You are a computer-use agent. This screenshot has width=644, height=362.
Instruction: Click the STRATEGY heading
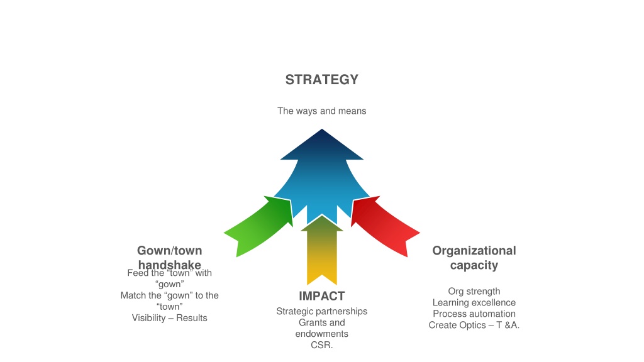(321, 79)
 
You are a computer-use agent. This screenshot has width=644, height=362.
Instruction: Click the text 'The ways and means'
(321, 111)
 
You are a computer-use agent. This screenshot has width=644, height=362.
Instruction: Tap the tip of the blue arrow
(321, 129)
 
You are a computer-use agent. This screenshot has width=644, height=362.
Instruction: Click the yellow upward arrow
(321, 250)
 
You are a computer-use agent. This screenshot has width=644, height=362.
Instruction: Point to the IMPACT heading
(321, 296)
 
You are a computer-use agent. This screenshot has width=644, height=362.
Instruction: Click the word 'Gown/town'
(169, 250)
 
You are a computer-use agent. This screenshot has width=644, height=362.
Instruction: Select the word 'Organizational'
(474, 250)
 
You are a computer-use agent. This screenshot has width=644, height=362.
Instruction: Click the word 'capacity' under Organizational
(474, 265)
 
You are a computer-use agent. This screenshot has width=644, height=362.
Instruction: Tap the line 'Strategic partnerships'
(321, 312)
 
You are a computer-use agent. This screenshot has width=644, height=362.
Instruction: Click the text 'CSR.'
(321, 345)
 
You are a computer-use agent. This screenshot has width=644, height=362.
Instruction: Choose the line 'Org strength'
(474, 292)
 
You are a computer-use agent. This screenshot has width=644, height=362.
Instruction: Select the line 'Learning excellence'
(474, 302)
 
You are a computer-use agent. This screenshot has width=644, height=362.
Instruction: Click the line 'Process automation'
(474, 314)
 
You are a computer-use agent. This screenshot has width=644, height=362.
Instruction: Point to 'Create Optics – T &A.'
(474, 325)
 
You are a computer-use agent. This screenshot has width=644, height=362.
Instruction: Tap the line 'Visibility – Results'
(169, 318)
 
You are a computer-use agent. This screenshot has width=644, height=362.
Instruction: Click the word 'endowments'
(321, 334)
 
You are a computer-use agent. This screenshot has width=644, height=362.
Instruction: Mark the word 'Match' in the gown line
(133, 295)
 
